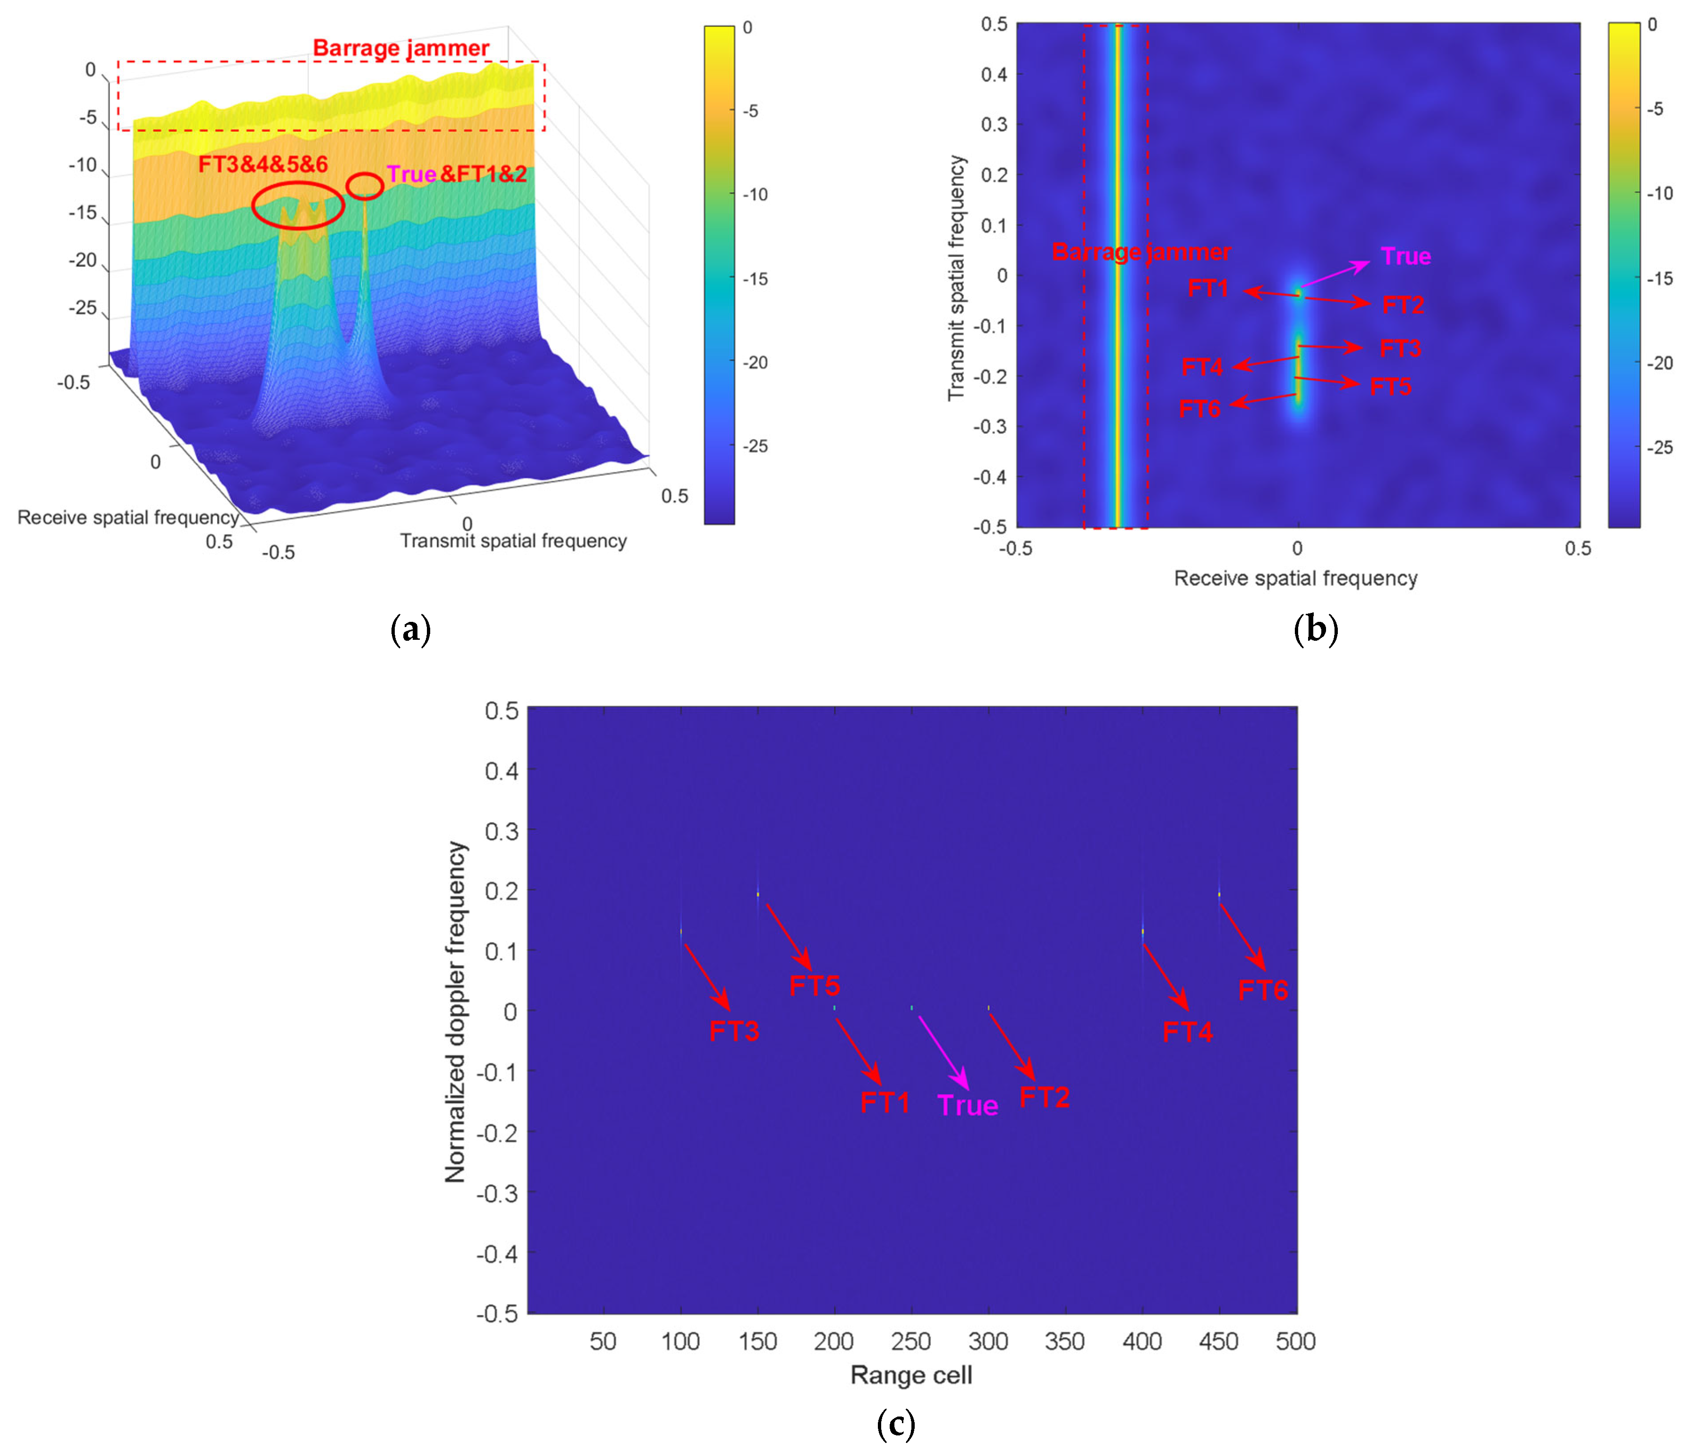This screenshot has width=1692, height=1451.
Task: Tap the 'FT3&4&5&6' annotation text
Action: (x=263, y=164)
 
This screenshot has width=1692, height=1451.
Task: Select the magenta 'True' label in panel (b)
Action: (x=1405, y=256)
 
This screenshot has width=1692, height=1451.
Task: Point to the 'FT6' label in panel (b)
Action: (x=1199, y=408)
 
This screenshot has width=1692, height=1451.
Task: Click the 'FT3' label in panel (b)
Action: (x=1400, y=348)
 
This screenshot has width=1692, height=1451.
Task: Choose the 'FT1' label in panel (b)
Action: (x=1208, y=288)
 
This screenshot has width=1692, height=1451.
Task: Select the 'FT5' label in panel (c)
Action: (x=814, y=985)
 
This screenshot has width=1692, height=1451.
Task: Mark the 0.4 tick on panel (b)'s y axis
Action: (x=994, y=74)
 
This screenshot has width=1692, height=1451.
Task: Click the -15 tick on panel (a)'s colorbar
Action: (x=756, y=279)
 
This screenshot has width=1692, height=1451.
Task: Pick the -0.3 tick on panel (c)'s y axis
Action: (x=496, y=1193)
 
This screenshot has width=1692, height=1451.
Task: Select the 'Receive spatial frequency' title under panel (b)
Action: (x=1295, y=578)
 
